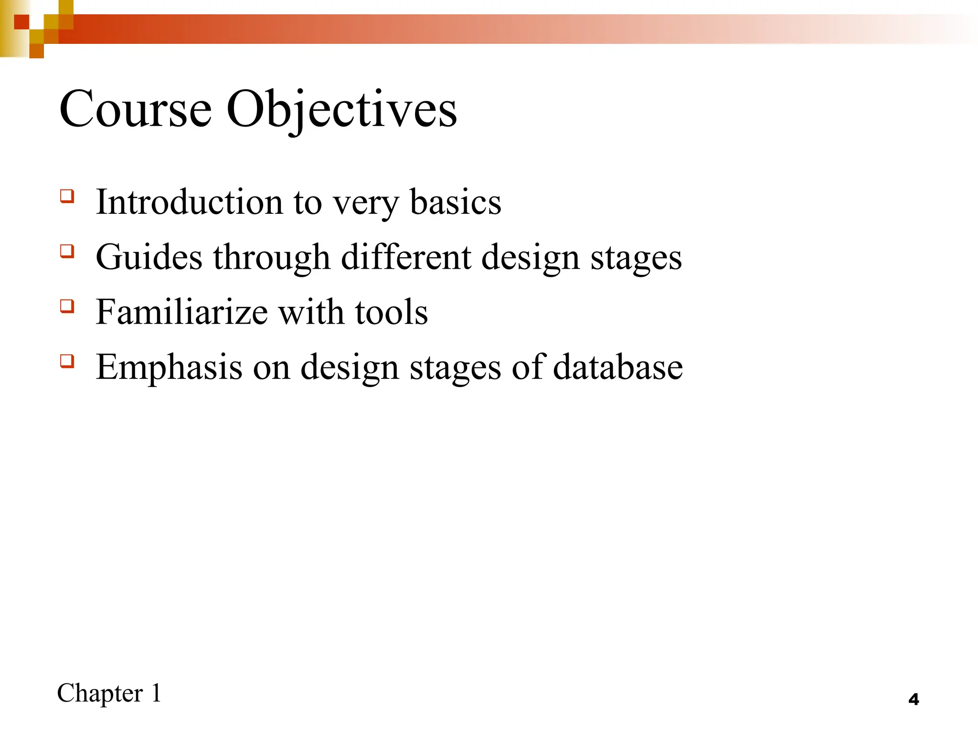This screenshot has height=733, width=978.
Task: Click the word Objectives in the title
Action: tap(341, 110)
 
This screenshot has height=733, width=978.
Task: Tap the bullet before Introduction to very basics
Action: tap(67, 196)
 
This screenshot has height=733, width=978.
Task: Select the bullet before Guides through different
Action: tap(67, 251)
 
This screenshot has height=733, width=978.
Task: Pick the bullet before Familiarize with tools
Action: tap(67, 306)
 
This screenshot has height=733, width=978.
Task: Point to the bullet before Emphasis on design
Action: tap(67, 361)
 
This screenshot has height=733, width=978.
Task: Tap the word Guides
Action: tap(149, 257)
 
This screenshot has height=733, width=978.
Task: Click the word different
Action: tap(406, 257)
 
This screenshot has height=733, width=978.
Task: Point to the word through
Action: tap(271, 258)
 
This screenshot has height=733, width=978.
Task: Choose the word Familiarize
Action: tap(181, 312)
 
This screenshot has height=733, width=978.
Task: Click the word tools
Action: tap(391, 312)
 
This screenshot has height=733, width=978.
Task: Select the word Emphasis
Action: tap(169, 367)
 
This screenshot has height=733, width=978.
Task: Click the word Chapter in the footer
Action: tap(100, 693)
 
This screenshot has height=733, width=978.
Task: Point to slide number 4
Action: tap(914, 700)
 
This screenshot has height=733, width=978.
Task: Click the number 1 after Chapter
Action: tap(156, 693)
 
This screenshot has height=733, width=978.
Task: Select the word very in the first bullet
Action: tap(365, 203)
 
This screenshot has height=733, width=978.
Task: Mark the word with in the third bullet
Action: tap(311, 312)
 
